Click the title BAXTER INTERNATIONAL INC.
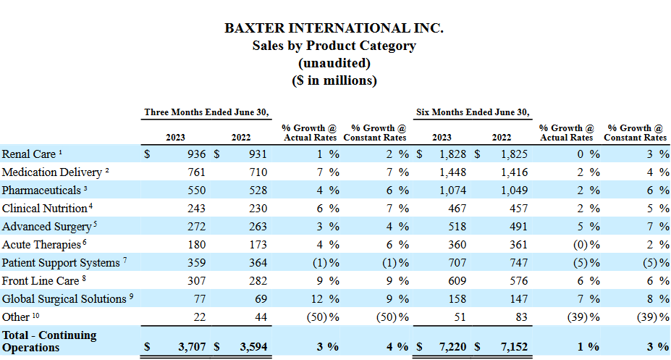(334, 28)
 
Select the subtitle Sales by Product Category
(334, 46)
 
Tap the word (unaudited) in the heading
(334, 63)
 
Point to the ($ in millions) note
(334, 80)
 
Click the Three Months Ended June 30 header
(206, 112)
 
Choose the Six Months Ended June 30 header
(473, 112)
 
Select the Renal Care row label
(28, 154)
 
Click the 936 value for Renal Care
(196, 154)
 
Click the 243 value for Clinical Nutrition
(196, 208)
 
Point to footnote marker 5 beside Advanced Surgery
(96, 224)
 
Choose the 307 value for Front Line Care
(196, 280)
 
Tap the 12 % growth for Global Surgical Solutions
(322, 298)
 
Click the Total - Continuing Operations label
(49, 341)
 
